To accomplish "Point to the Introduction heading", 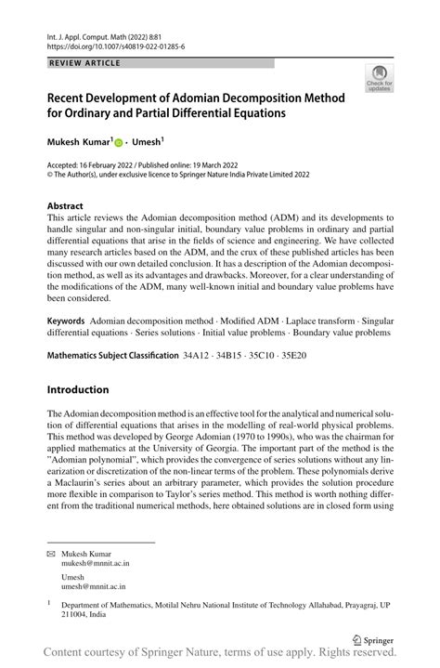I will pyautogui.click(x=78, y=389).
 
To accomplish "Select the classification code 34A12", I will pyautogui.click(x=199, y=355).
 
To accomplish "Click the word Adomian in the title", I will pyautogui.click(x=216, y=98).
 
